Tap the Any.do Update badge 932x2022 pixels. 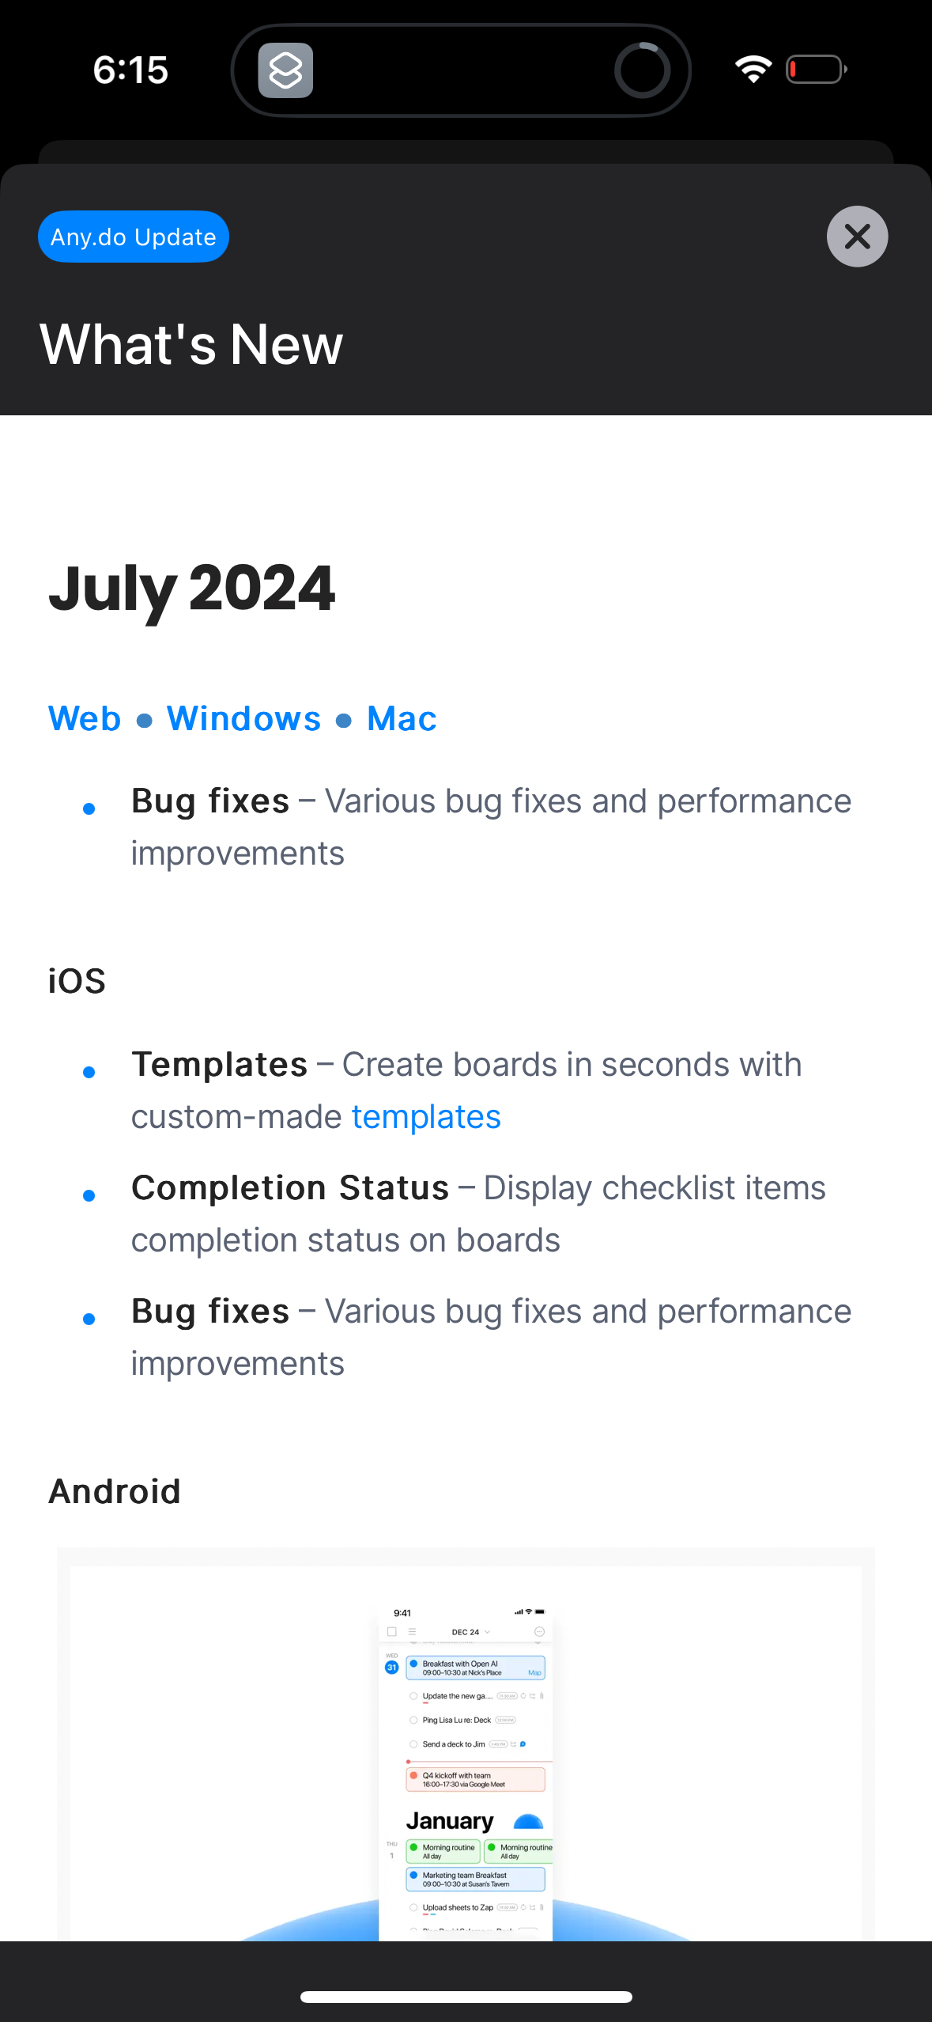pyautogui.click(x=133, y=237)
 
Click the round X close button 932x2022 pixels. pyautogui.click(x=857, y=237)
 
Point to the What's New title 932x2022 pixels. pyautogui.click(x=191, y=344)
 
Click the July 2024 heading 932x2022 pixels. pyautogui.click(x=192, y=588)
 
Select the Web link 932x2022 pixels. pyautogui.click(x=85, y=718)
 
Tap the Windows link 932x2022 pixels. pyautogui.click(x=243, y=718)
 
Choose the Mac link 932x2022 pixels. pyautogui.click(x=402, y=718)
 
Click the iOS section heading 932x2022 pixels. pyautogui.click(x=77, y=981)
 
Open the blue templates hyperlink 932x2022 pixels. pyautogui.click(x=426, y=1116)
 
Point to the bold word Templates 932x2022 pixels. pyautogui.click(x=219, y=1064)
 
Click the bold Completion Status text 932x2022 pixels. pyautogui.click(x=290, y=1187)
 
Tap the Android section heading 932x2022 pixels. pyautogui.click(x=115, y=1491)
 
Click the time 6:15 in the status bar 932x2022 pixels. pyautogui.click(x=130, y=70)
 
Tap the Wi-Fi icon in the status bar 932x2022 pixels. pyautogui.click(x=753, y=70)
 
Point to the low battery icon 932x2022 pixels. pyautogui.click(x=816, y=70)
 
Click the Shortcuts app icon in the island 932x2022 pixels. pyautogui.click(x=285, y=70)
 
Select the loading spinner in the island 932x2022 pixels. pyautogui.click(x=642, y=70)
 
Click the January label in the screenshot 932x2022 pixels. pyautogui.click(x=449, y=1821)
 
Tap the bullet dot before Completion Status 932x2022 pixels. pyautogui.click(x=89, y=1195)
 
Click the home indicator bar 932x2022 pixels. pyautogui.click(x=466, y=1997)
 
